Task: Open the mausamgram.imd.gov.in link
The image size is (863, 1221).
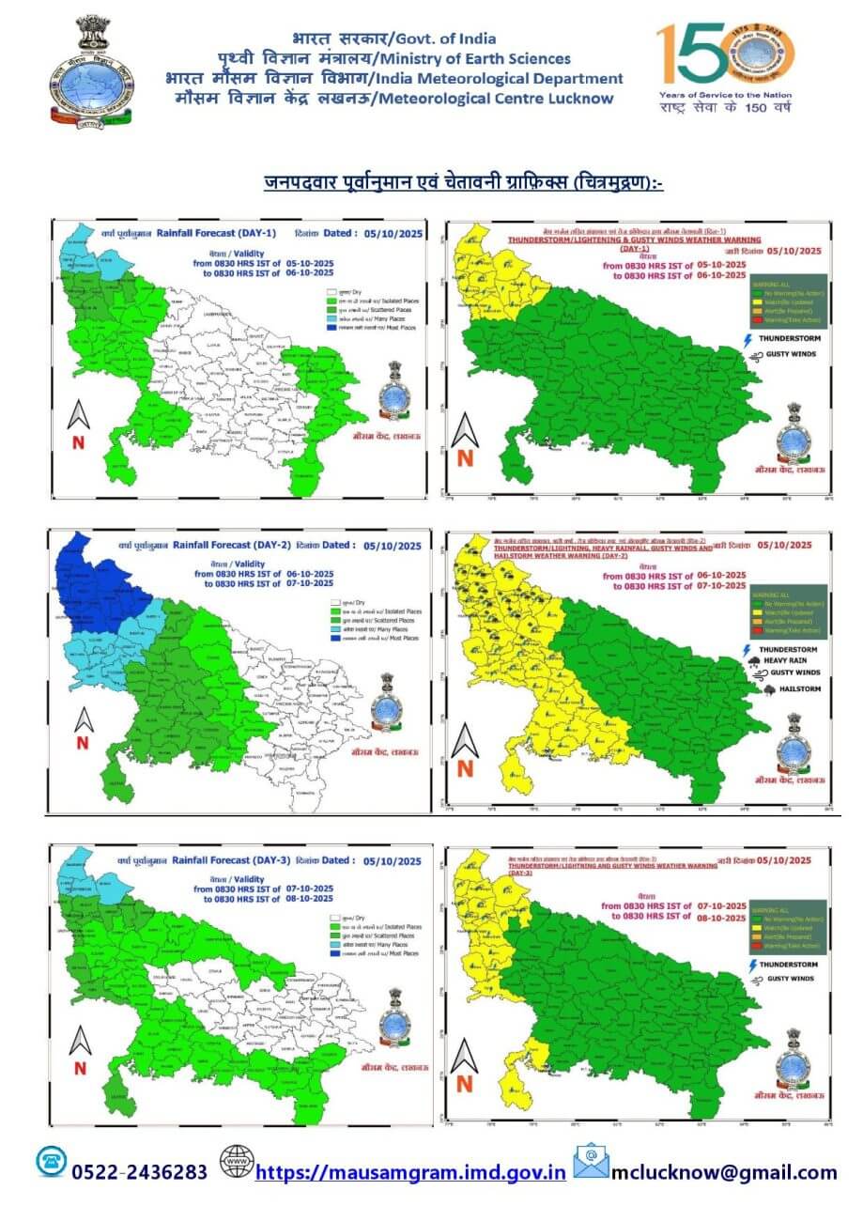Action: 410,1172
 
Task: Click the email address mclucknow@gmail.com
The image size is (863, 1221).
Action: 724,1172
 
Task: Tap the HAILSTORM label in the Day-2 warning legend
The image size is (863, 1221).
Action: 800,689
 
